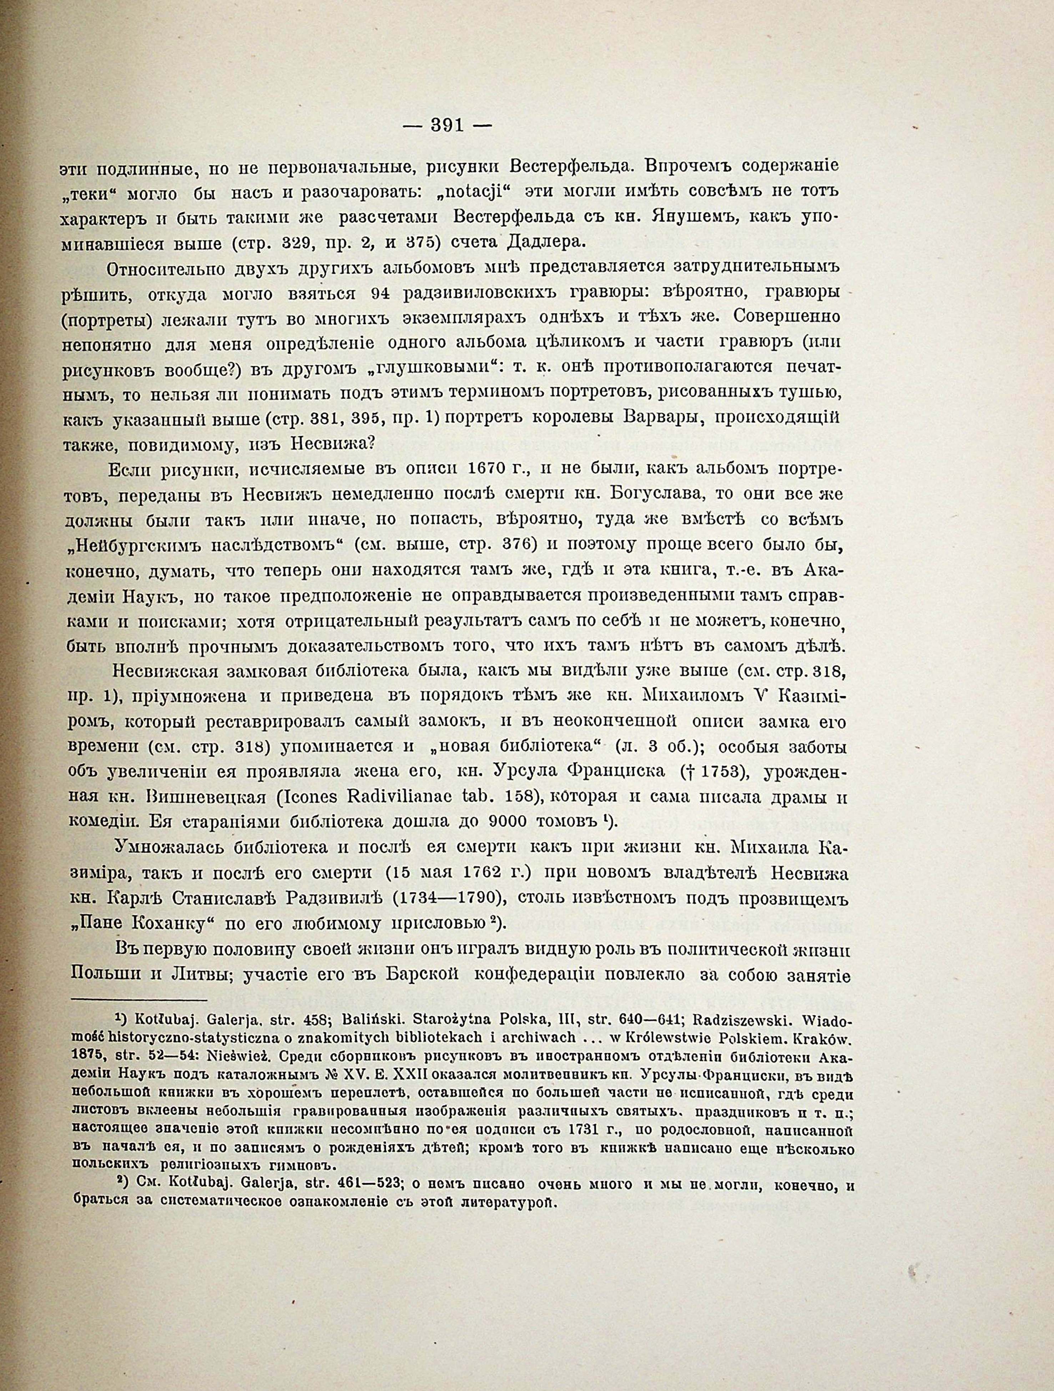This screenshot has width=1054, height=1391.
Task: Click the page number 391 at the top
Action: point(447,126)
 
